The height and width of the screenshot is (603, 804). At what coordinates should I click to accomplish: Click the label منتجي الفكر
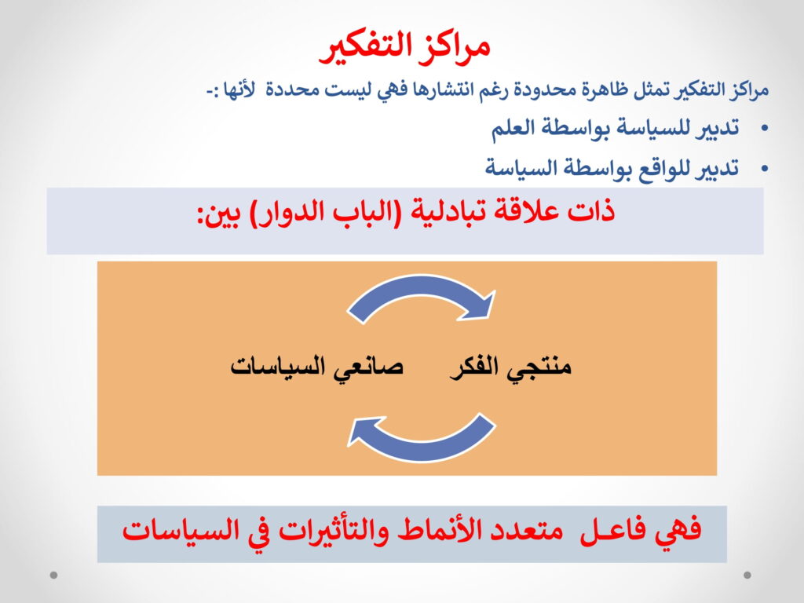tap(510, 368)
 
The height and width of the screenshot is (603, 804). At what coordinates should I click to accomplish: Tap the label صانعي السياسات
tap(317, 367)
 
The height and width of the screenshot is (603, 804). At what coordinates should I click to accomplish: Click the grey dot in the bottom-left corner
tap(54, 576)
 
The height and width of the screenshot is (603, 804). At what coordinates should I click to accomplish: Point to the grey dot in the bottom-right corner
tap(747, 576)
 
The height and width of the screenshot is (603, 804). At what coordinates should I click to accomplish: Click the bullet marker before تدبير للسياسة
tap(765, 128)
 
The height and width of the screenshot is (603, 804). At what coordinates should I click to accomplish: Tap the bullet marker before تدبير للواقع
tap(765, 168)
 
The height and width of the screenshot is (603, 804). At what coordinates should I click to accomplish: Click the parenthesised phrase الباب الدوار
tap(320, 212)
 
